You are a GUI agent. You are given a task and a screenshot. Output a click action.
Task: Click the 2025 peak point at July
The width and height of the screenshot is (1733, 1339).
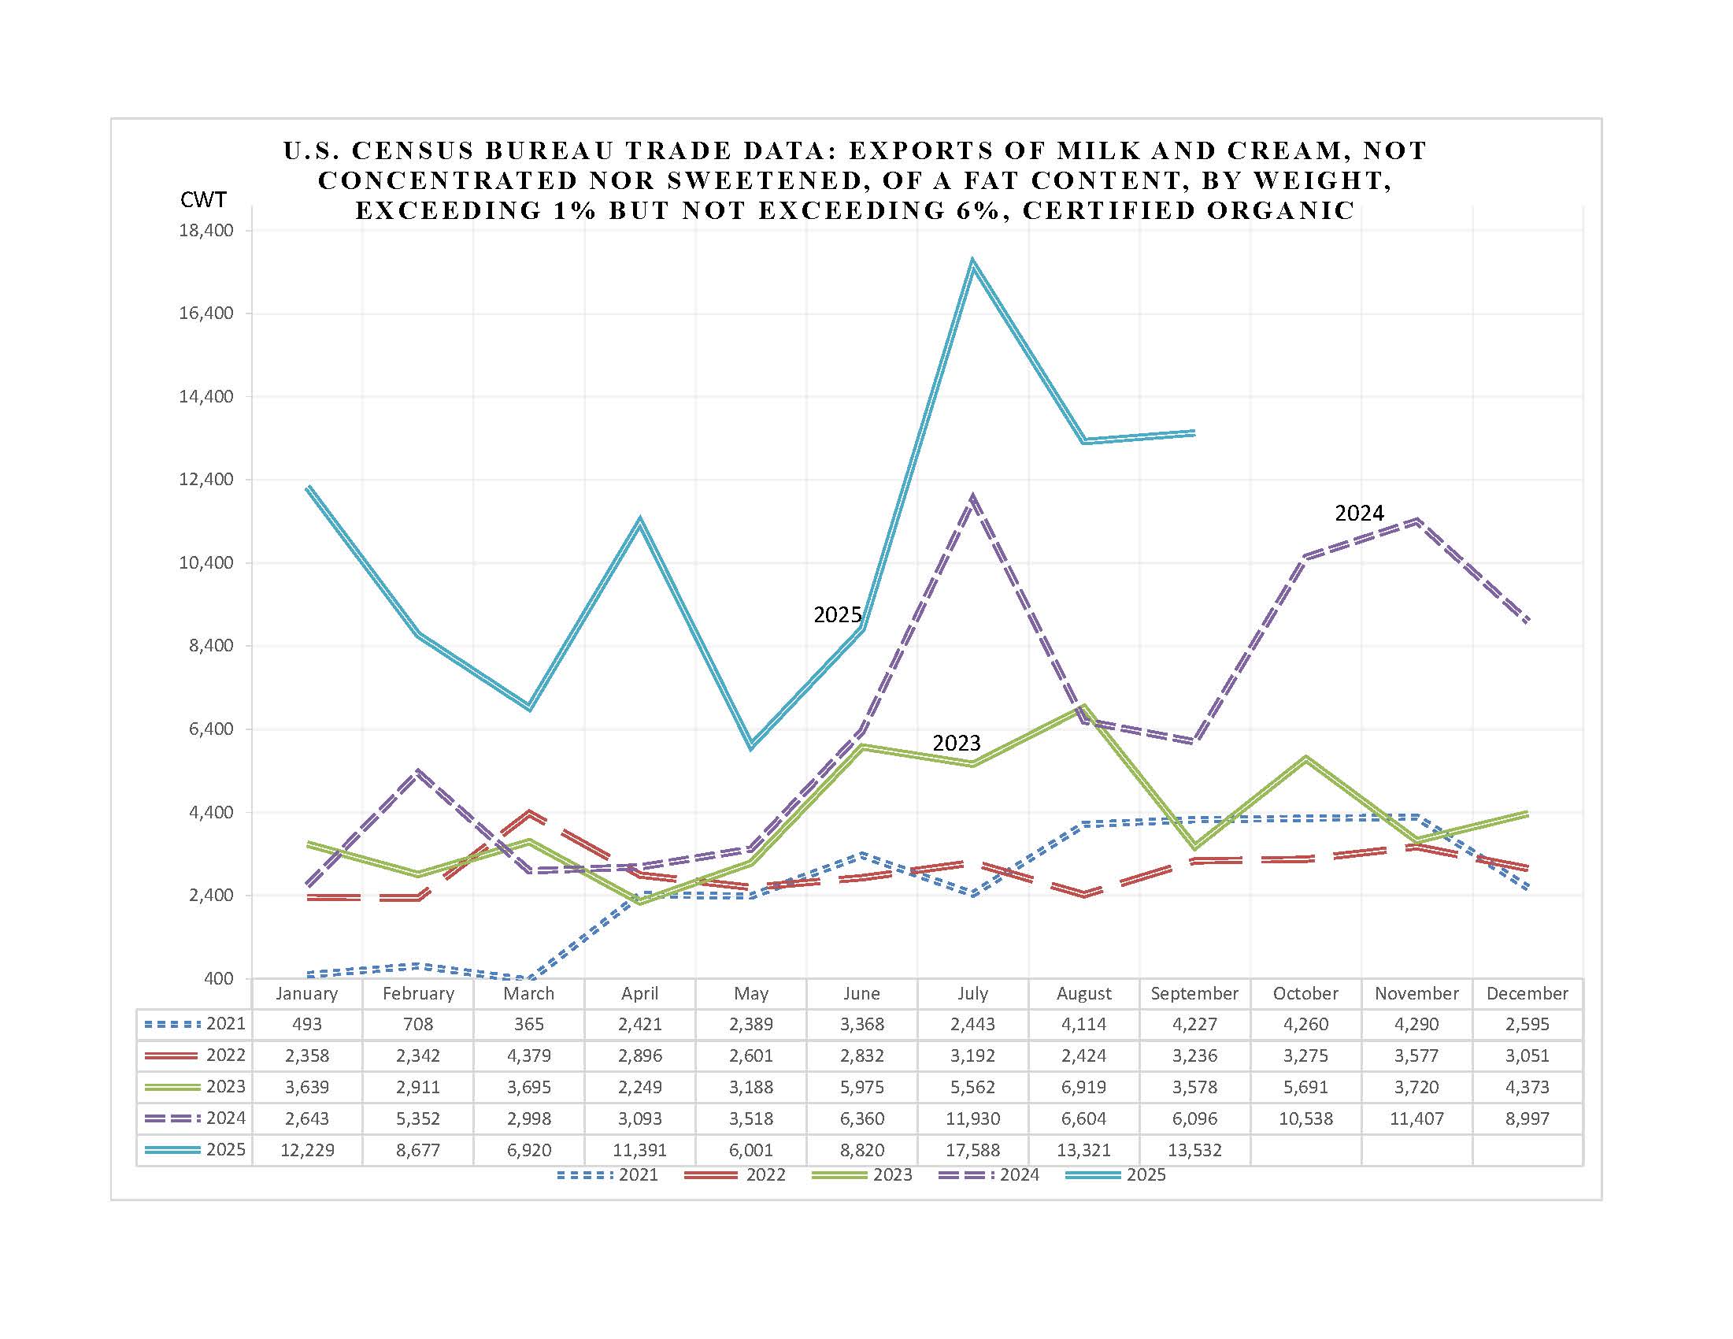pyautogui.click(x=973, y=262)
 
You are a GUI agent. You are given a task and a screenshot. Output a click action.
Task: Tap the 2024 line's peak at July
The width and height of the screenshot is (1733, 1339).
pyautogui.click(x=973, y=499)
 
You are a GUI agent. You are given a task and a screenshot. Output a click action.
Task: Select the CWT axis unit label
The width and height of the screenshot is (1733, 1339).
pyautogui.click(x=203, y=199)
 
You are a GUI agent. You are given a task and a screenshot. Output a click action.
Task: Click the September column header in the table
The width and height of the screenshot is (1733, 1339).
pyautogui.click(x=1194, y=993)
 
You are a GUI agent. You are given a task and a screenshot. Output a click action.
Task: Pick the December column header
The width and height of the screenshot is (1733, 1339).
pyautogui.click(x=1527, y=993)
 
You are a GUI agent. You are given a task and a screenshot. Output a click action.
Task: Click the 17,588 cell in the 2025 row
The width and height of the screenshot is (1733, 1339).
pyautogui.click(x=973, y=1149)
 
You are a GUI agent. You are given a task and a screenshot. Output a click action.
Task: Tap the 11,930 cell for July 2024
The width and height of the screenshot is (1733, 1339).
pyautogui.click(x=973, y=1118)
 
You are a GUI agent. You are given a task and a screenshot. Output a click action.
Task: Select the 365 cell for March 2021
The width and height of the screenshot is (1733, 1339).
pyautogui.click(x=529, y=1024)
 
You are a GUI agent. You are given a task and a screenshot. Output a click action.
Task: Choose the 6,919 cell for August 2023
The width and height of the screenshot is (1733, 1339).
pyautogui.click(x=1084, y=1087)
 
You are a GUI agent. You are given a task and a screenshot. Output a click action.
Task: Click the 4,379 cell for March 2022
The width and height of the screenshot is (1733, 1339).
pyautogui.click(x=529, y=1055)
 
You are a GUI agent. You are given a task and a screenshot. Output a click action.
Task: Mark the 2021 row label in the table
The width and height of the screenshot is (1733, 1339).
pyautogui.click(x=225, y=1024)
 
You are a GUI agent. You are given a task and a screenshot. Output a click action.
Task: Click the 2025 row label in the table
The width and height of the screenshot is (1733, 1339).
pyautogui.click(x=225, y=1149)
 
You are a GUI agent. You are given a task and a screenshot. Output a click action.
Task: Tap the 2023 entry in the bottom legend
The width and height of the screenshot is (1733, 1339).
pyautogui.click(x=892, y=1174)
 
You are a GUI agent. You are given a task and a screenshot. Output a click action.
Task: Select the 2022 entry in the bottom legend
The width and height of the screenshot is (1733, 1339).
pyautogui.click(x=765, y=1174)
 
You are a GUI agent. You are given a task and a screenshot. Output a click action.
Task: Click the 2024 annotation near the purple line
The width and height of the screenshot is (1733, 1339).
pyautogui.click(x=1359, y=514)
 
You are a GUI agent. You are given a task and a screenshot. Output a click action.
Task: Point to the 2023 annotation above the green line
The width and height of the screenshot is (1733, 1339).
pyautogui.click(x=956, y=743)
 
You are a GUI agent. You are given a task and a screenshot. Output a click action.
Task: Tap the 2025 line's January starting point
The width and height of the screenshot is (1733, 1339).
pyautogui.click(x=308, y=488)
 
